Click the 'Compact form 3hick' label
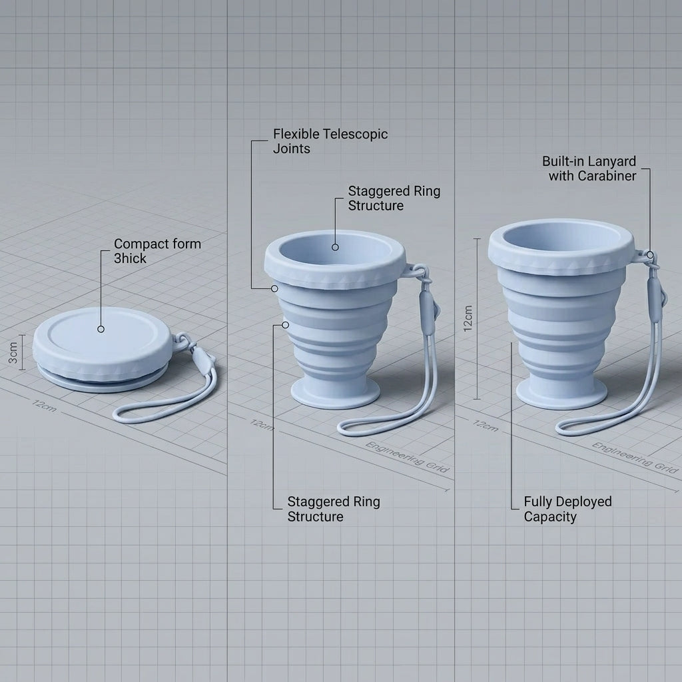(157, 251)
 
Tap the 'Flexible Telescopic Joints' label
(330, 141)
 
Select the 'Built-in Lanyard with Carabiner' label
(589, 169)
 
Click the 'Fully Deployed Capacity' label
(567, 509)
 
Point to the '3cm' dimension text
(13, 353)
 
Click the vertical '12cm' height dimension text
(468, 319)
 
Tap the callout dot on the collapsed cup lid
(101, 329)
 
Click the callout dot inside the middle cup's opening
(335, 247)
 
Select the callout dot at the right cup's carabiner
(650, 255)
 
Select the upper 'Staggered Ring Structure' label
(394, 198)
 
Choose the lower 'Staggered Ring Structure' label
(334, 509)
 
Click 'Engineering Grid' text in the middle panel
(407, 457)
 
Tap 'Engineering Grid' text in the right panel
(635, 458)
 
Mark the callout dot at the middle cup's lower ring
(285, 325)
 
